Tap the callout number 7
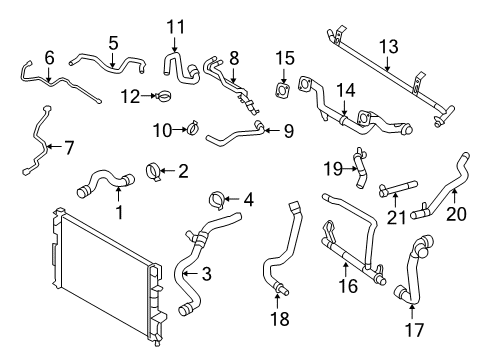click(67, 147)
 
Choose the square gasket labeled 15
click(286, 91)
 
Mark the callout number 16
click(347, 285)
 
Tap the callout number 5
click(113, 43)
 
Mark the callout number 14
click(344, 90)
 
